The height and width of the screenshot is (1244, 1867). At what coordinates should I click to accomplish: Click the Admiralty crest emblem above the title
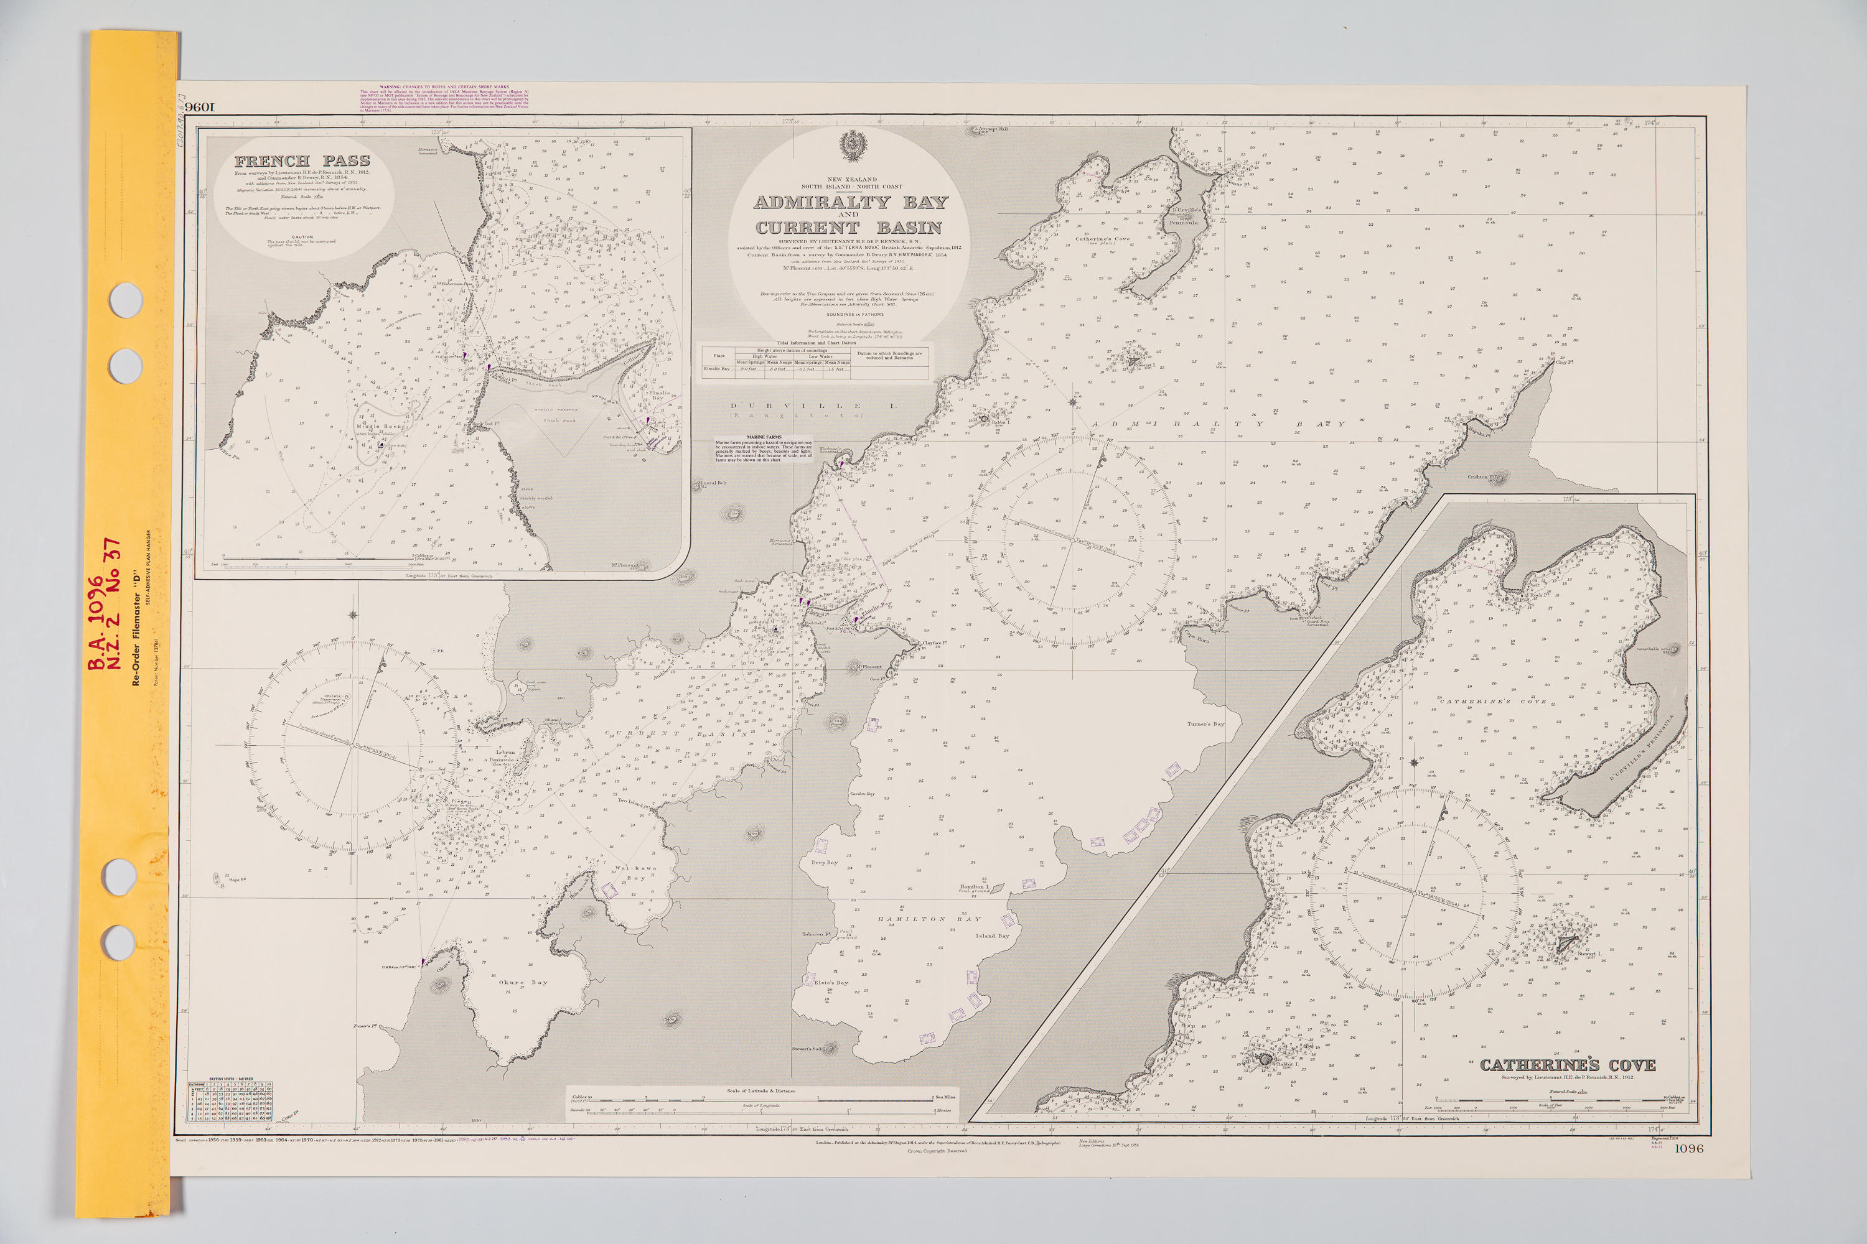pyautogui.click(x=853, y=147)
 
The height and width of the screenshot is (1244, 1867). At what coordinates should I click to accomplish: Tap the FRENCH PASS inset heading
pyautogui.click(x=302, y=161)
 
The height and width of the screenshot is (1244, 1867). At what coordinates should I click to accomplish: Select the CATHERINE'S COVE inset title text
pyautogui.click(x=1567, y=1065)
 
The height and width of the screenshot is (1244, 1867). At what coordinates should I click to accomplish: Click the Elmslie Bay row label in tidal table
pyautogui.click(x=716, y=369)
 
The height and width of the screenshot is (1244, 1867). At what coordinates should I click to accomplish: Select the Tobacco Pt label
pyautogui.click(x=816, y=935)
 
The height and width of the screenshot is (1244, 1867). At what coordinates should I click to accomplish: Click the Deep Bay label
pyautogui.click(x=824, y=862)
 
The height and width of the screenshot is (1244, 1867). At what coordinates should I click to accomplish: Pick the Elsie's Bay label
pyautogui.click(x=830, y=982)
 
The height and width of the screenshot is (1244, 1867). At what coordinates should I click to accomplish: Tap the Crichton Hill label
pyautogui.click(x=1481, y=477)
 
